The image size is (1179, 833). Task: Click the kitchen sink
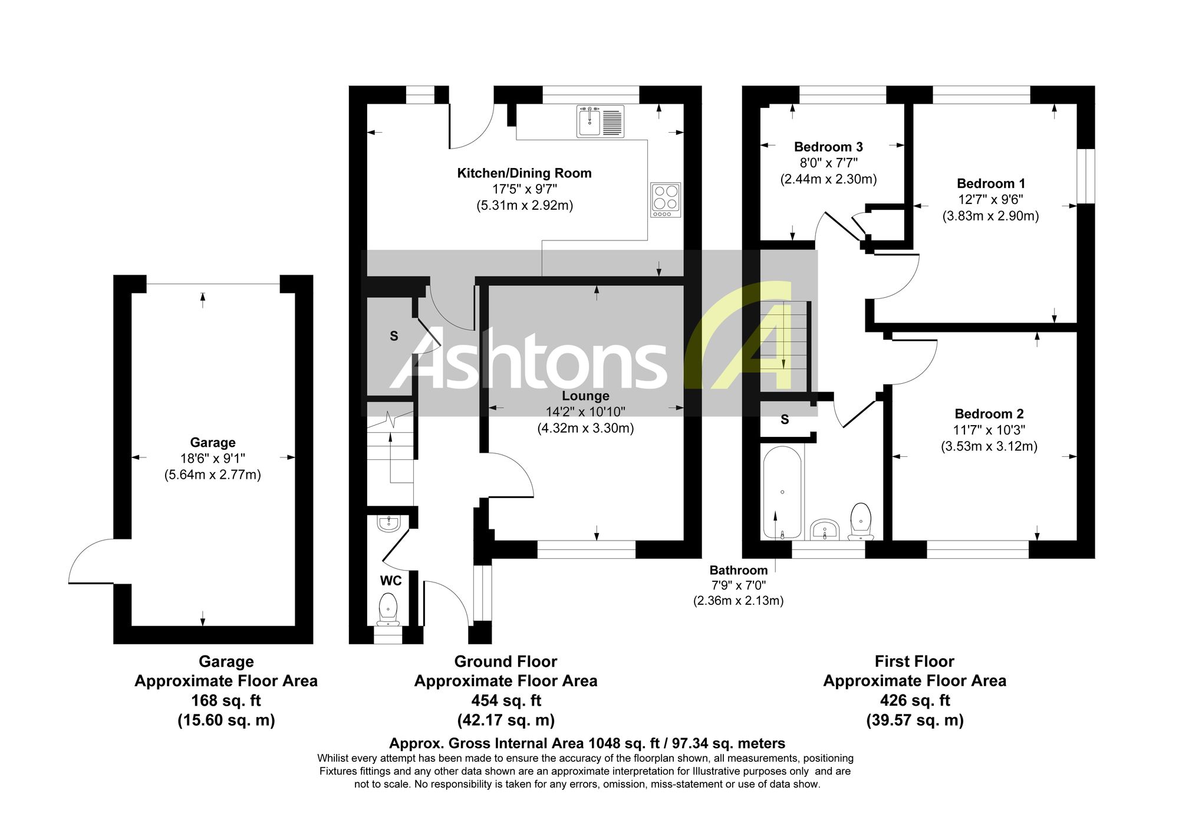[x=600, y=121]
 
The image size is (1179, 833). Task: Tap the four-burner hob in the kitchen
[x=666, y=199]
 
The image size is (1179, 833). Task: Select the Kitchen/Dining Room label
[x=525, y=173]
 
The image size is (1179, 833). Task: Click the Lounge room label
[x=585, y=396]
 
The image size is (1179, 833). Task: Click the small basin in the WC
[x=389, y=523]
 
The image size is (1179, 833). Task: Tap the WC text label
[x=391, y=581]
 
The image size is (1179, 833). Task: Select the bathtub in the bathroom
[x=782, y=492]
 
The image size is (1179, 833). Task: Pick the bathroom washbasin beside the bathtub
[x=825, y=529]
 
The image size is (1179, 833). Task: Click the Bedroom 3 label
[x=828, y=147]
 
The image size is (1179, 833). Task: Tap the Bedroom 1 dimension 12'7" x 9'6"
[x=990, y=200]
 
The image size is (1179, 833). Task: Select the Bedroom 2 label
[x=989, y=414]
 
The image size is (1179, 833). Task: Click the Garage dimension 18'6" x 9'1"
[x=213, y=459]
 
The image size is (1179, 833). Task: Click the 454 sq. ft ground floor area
[x=506, y=700]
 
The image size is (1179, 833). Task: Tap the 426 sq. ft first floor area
[x=915, y=700]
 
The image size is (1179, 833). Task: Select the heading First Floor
[x=914, y=661]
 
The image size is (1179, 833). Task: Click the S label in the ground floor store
[x=394, y=336]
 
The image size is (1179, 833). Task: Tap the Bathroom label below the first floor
[x=738, y=570]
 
